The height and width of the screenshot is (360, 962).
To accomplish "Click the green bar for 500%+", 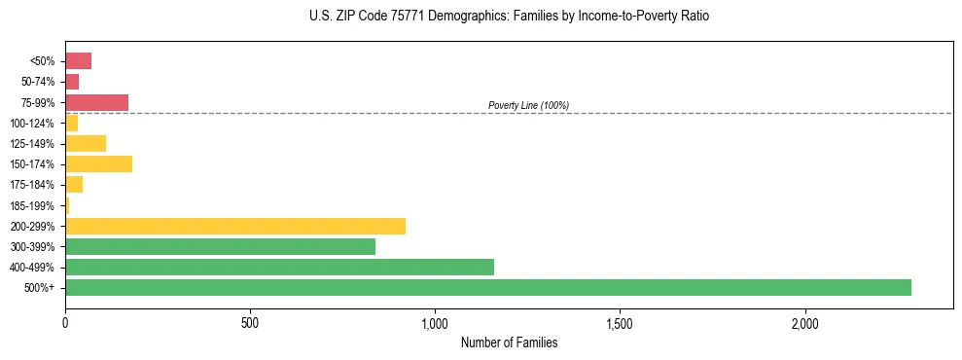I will click(x=487, y=287).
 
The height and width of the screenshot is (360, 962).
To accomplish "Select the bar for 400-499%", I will click(x=279, y=267).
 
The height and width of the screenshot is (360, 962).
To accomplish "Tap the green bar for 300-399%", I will click(x=220, y=246).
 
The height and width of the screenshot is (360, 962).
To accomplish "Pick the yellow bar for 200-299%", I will click(x=234, y=226).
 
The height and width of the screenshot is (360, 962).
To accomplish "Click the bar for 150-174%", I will click(x=98, y=163).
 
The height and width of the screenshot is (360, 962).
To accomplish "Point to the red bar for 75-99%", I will click(x=96, y=102).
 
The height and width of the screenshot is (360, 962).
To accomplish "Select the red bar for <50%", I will click(x=78, y=61).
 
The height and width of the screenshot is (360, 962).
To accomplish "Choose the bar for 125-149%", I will click(x=86, y=143).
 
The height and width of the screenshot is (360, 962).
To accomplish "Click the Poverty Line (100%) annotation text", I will click(x=528, y=105).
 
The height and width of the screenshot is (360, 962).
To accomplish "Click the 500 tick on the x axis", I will click(x=250, y=323).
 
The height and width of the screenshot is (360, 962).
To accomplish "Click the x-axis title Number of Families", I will click(x=509, y=342).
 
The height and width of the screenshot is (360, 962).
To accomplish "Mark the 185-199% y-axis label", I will click(x=32, y=205).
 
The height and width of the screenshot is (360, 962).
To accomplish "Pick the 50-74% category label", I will click(x=37, y=82).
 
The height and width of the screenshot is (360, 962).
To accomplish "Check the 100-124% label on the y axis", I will click(x=32, y=123).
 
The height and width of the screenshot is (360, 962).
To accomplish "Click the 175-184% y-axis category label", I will click(x=32, y=185).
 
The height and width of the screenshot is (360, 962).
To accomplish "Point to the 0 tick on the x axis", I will click(x=65, y=323).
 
